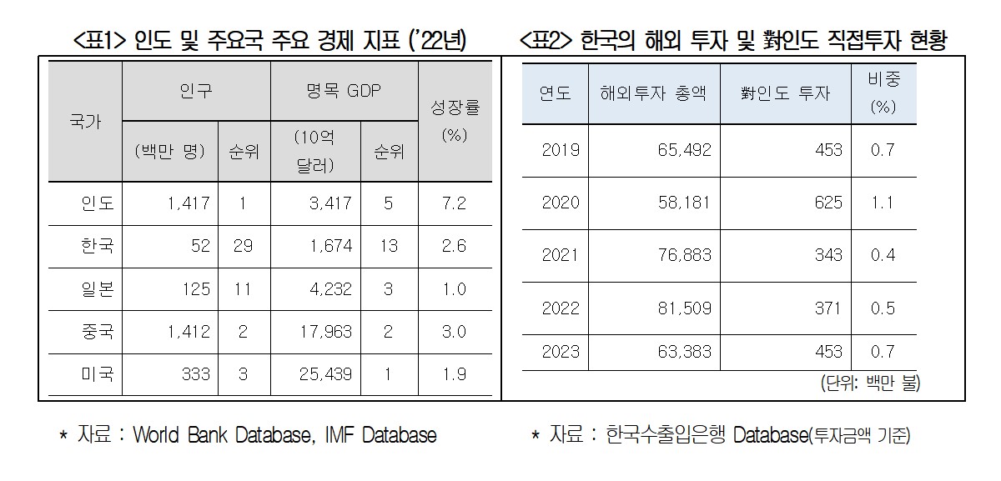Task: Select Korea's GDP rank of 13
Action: click(x=389, y=247)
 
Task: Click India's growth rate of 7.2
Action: click(x=455, y=203)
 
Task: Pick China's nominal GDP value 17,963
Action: click(x=325, y=333)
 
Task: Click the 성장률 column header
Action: click(x=455, y=120)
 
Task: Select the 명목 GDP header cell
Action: click(x=343, y=92)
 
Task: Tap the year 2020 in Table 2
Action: click(x=561, y=203)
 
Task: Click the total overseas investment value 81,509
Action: click(x=685, y=308)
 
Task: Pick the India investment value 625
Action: click(x=828, y=203)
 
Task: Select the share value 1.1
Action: click(x=883, y=203)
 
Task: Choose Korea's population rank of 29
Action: click(x=243, y=247)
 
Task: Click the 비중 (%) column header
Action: click(x=883, y=93)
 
